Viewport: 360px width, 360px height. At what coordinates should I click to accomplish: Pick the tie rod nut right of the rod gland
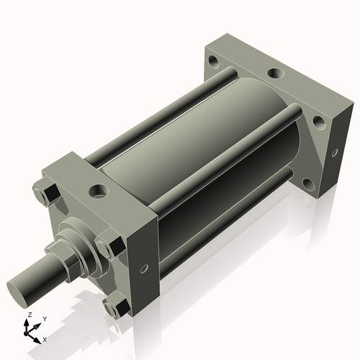[x=108, y=244]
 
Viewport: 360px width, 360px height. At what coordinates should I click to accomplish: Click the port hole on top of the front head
[x=96, y=192]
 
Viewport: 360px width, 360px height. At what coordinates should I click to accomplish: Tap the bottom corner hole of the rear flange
[x=308, y=183]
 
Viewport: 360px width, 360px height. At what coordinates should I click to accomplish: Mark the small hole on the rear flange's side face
[x=335, y=152]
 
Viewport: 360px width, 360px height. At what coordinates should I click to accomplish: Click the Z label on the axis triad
[x=28, y=315]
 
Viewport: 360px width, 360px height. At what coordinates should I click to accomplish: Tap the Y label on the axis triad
[x=44, y=318]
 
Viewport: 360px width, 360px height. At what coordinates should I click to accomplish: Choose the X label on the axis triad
[x=45, y=338]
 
